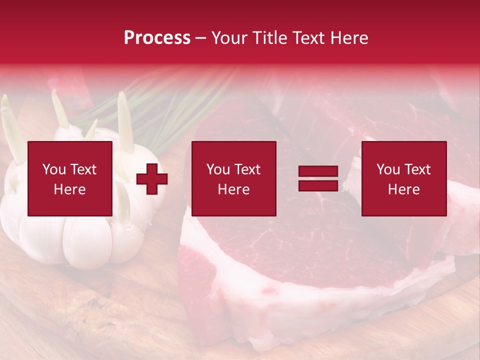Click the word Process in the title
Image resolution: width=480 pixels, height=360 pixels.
pos(157,38)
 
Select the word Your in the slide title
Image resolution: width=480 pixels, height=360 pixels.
pos(229,38)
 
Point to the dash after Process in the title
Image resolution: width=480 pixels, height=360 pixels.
pos(201,38)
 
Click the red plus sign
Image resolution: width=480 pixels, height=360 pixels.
pos(152,179)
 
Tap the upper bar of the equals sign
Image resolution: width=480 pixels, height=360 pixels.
pos(318,171)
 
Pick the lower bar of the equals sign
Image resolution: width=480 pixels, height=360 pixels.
pos(318,185)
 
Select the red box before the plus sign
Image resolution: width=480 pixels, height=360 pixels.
pos(70,178)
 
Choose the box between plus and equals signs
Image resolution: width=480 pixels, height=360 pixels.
pos(234,178)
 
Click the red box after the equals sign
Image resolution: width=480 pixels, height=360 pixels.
pos(404,178)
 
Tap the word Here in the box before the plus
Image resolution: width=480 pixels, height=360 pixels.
pos(70,189)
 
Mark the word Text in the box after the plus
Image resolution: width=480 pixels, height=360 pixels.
pos(247,169)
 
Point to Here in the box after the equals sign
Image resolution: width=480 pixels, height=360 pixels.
pos(404,189)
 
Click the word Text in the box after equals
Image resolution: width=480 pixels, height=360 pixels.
pos(417,169)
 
